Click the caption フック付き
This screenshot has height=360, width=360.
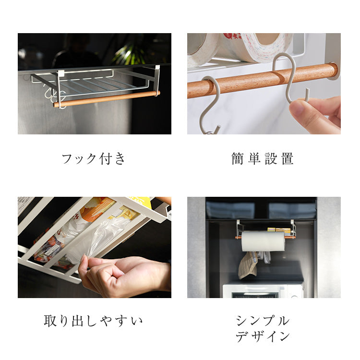click(94, 159)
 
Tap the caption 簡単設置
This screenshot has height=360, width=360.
click(263, 159)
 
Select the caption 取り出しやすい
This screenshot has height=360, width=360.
click(94, 321)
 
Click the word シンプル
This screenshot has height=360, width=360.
click(263, 321)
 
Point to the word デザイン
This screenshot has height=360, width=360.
click(263, 336)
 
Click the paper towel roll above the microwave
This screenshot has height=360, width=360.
click(264, 241)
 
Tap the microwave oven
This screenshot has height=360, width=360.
click(263, 291)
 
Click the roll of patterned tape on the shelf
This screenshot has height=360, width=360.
click(255, 47)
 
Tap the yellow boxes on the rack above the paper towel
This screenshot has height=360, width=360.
click(279, 229)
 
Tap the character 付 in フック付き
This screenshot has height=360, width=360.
click(106, 159)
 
